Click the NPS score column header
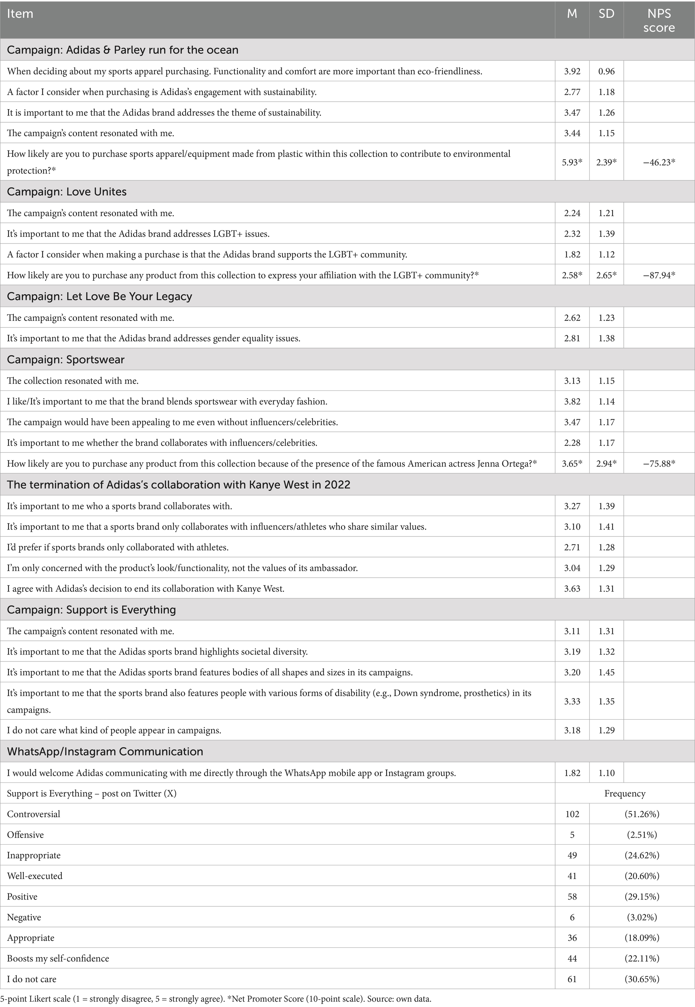659,20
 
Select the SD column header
606,14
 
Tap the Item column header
20,14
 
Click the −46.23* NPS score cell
659,162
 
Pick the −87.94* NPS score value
659,275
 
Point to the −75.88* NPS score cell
659,464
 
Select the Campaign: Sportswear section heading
66,360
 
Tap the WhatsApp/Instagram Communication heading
105,751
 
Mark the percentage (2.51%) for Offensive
642,835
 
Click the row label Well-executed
35,876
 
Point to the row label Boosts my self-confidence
58,958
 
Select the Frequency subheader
624,794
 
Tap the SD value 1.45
606,672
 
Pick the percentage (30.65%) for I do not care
642,979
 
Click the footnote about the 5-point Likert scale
215,998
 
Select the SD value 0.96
606,71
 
